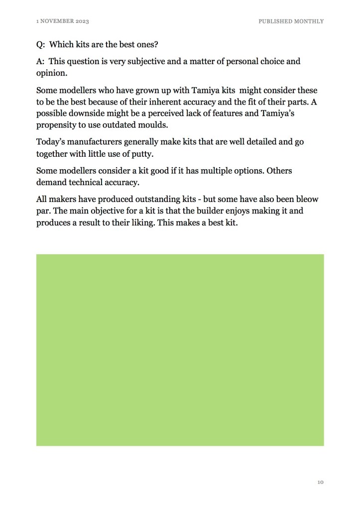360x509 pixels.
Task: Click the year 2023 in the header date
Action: click(83, 21)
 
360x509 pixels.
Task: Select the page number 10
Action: click(320, 482)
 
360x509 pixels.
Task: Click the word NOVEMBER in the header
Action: click(57, 21)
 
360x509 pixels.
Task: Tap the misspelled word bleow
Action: click(307, 200)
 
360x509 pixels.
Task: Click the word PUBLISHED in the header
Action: click(274, 21)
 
